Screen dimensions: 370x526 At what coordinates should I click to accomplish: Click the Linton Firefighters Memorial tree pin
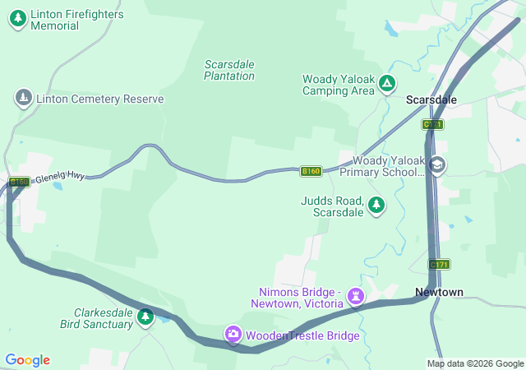(x=17, y=20)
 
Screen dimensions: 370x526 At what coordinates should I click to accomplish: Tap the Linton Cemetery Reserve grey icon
(x=24, y=99)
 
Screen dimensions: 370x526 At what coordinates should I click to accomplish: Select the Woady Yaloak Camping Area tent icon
(x=386, y=84)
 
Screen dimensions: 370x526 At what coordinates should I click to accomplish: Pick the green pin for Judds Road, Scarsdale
(x=376, y=205)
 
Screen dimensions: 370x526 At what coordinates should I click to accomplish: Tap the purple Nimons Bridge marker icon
(x=355, y=294)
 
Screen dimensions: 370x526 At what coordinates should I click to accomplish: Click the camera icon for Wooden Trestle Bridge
(x=233, y=335)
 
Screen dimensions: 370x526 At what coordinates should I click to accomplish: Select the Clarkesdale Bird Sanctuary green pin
(x=146, y=317)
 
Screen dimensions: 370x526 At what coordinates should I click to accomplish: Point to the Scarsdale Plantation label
(x=229, y=70)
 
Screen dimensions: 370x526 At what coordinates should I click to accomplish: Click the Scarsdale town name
(x=431, y=99)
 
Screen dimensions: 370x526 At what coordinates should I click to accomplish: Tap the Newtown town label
(x=439, y=292)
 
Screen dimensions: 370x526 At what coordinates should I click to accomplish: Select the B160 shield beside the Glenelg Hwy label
(x=19, y=182)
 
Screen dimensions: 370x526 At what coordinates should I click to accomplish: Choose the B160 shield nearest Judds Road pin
(x=310, y=171)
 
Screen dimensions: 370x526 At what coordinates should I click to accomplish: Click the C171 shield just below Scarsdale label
(x=433, y=124)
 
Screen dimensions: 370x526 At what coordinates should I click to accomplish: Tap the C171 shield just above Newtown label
(x=439, y=265)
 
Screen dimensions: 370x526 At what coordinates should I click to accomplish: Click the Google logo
(x=27, y=360)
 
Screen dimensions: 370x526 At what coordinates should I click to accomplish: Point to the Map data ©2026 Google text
(x=474, y=363)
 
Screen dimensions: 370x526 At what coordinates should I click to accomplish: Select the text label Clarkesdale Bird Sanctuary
(x=103, y=318)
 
